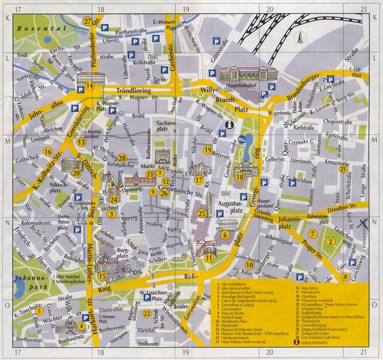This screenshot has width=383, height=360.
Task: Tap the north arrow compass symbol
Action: coord(297,39)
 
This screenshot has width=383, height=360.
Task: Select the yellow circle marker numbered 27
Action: coord(88,22)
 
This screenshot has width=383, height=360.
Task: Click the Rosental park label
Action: coord(21,29)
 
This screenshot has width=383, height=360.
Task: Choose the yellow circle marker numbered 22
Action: coord(147,313)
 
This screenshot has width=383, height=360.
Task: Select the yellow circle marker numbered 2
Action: coord(330,241)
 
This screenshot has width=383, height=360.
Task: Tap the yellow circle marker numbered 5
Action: coord(40,311)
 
